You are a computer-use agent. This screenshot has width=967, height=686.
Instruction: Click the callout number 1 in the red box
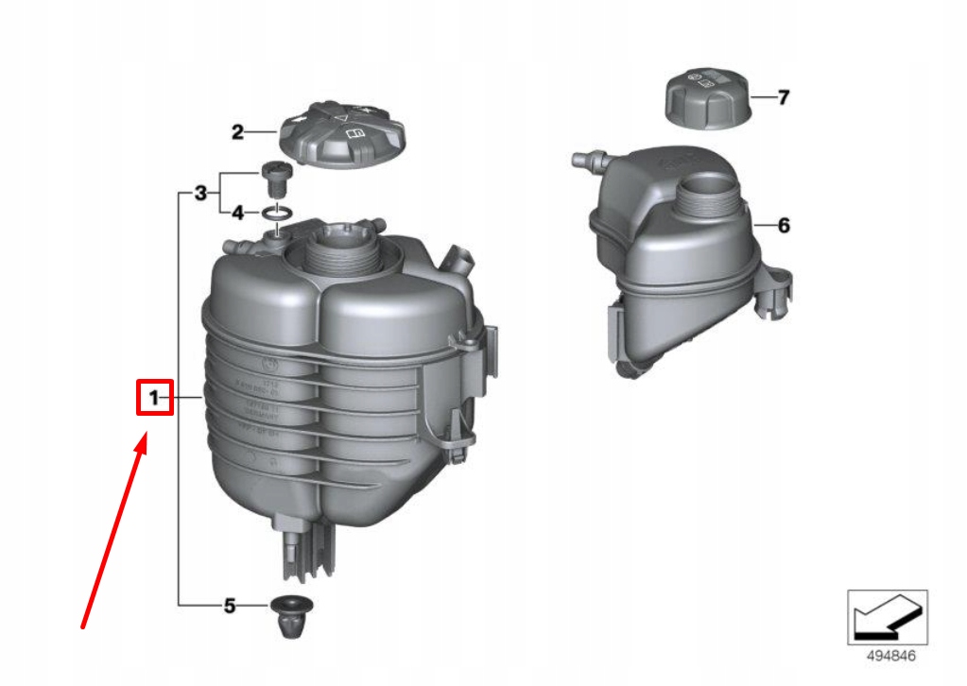pyautogui.click(x=153, y=399)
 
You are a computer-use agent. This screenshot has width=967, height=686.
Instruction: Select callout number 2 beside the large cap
pyautogui.click(x=238, y=132)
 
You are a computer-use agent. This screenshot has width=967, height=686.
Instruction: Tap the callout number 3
pyautogui.click(x=199, y=195)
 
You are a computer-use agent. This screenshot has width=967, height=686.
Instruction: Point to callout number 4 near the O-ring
pyautogui.click(x=238, y=214)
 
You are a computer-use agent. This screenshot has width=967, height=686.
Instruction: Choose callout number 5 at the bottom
pyautogui.click(x=229, y=606)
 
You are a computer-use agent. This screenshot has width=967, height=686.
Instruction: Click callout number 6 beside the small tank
pyautogui.click(x=784, y=226)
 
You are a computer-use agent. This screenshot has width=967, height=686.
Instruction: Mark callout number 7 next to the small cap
pyautogui.click(x=783, y=97)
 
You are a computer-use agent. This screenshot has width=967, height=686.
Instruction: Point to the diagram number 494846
pyautogui.click(x=886, y=656)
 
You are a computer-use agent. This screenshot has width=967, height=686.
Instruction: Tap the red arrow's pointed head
pyautogui.click(x=144, y=440)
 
